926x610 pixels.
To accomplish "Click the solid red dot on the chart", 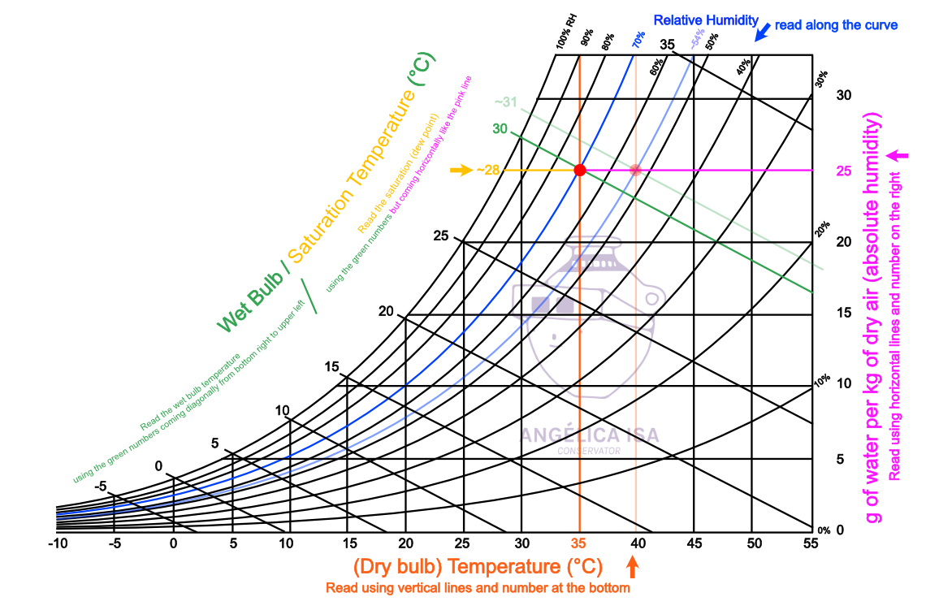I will coord(579,170).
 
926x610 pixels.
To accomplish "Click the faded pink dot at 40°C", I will coord(636,170).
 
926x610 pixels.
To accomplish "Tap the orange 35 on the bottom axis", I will coord(579,543).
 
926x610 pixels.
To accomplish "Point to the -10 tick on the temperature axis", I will coord(57,543).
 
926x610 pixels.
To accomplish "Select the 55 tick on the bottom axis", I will coord(810,543).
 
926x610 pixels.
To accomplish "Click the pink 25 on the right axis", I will coord(844,171).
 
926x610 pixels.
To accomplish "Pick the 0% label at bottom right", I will coord(824,530).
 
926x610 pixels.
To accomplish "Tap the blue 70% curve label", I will coord(639,38).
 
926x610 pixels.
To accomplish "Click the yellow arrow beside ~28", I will coord(461,170).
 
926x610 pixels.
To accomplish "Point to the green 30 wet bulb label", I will coord(500,129).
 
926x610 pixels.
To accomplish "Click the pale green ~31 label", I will coord(505,102).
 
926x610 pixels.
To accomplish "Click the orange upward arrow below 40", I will coord(634,565).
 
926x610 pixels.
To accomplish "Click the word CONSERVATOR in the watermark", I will coord(589,451).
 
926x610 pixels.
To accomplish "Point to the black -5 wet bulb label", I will coord(101,487).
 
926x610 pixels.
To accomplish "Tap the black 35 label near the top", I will coord(668,44).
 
